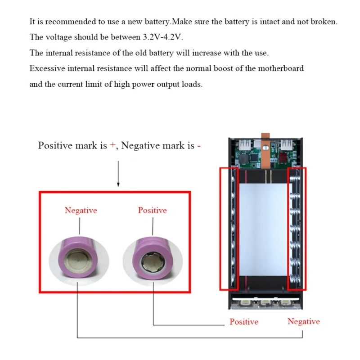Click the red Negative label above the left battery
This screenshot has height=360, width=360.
pyautogui.click(x=81, y=210)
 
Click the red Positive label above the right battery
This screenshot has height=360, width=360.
pyautogui.click(x=152, y=210)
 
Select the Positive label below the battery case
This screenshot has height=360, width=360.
pyautogui.click(x=244, y=322)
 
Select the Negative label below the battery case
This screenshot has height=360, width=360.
pyautogui.click(x=304, y=321)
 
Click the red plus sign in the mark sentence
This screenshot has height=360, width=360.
pyautogui.click(x=112, y=145)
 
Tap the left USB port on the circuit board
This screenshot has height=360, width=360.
pyautogui.click(x=247, y=145)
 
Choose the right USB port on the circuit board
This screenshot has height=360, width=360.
pyautogui.click(x=286, y=145)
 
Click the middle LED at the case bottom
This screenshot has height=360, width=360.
pyautogui.click(x=266, y=303)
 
